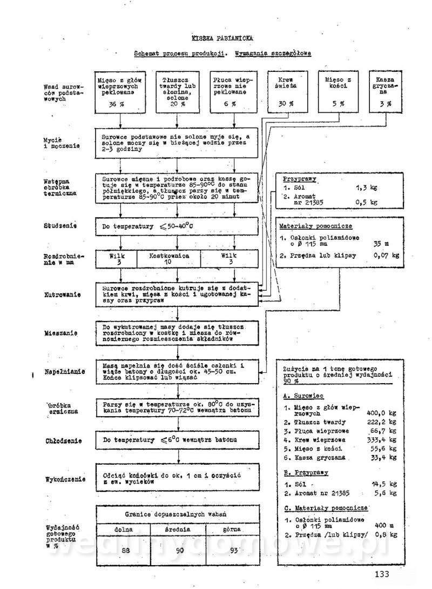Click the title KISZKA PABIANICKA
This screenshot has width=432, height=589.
coord(222,38)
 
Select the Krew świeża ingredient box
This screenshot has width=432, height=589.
coord(281,91)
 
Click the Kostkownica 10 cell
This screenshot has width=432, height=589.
coord(168,257)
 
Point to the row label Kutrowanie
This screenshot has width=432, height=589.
coord(64,295)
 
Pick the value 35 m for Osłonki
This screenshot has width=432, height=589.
coord(381,244)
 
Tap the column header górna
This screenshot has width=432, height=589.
coord(230,529)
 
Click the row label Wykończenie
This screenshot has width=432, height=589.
coord(64,479)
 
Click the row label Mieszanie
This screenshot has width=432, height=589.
coord(63,333)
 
